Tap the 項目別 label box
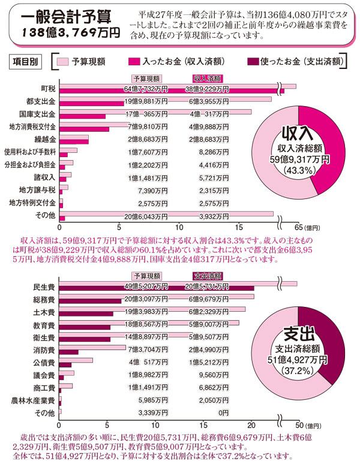[25, 61]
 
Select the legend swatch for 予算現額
[63, 61]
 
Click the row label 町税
[49, 88]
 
